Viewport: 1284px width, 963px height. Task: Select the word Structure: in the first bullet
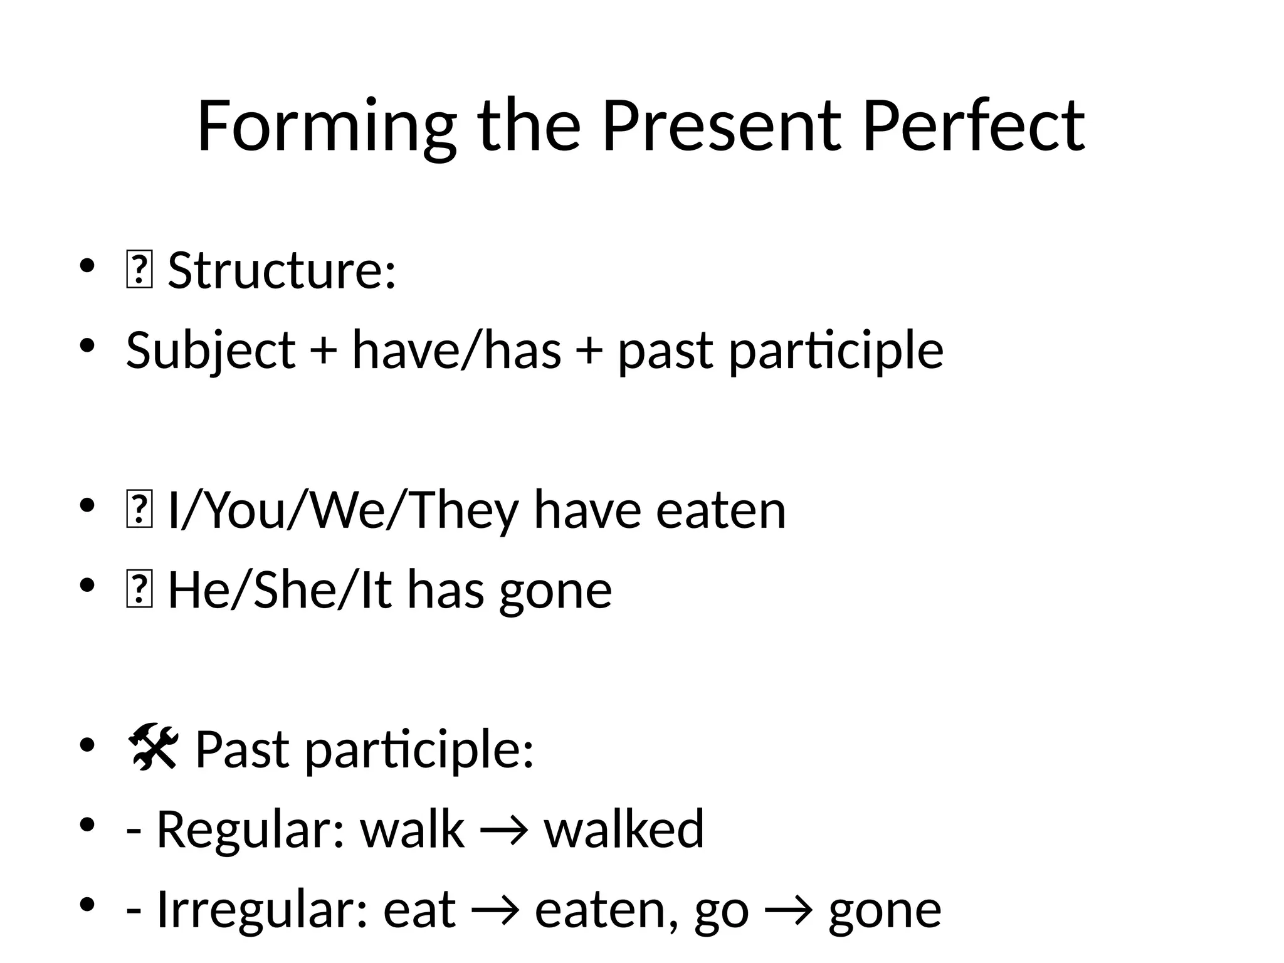coord(282,271)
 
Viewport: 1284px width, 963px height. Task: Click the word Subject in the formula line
coord(211,351)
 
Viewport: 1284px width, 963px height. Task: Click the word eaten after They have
coord(720,511)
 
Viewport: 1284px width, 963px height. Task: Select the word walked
coord(624,829)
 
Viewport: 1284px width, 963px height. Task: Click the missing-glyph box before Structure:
coord(139,271)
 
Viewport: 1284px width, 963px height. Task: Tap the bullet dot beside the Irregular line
coord(87,904)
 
